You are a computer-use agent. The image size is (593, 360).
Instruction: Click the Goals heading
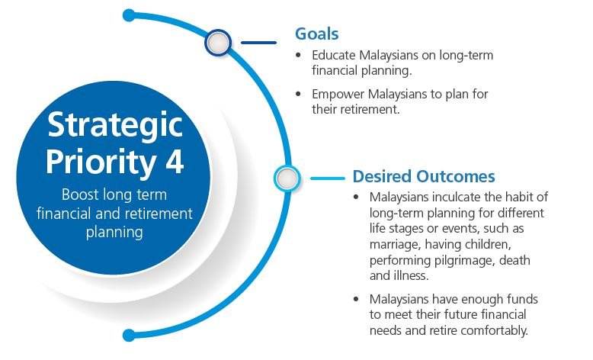[x=316, y=34]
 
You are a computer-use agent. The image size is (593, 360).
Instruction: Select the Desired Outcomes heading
[x=424, y=176]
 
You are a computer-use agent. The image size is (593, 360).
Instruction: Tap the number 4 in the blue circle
[x=175, y=161]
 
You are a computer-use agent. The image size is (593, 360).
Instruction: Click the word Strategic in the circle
[x=115, y=126]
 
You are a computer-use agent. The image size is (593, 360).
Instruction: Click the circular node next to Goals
[x=218, y=42]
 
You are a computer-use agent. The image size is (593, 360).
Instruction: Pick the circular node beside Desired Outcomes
[x=287, y=178]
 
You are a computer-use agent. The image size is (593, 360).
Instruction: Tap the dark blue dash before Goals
[x=258, y=43]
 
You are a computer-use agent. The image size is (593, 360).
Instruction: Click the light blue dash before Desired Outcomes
[x=328, y=178]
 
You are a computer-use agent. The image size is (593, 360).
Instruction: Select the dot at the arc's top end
[x=129, y=15]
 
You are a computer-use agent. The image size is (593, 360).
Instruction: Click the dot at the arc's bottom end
[x=129, y=336]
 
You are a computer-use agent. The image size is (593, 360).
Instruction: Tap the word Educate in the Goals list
[x=334, y=55]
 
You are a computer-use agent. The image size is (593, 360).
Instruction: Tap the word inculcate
[x=457, y=197]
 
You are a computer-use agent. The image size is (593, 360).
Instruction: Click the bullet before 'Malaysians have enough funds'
[x=356, y=299]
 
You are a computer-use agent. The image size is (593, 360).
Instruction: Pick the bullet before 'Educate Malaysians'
[x=298, y=55]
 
